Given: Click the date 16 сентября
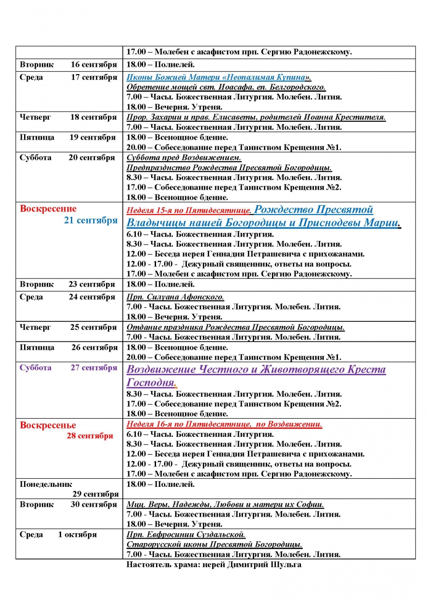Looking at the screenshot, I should (x=94, y=65).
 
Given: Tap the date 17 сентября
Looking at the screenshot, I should (x=94, y=77).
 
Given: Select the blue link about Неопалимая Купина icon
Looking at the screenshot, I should (x=219, y=77).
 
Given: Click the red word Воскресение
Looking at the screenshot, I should (x=48, y=209).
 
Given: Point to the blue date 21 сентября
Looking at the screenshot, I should (x=91, y=220).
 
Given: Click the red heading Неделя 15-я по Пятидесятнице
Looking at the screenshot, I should (x=189, y=210).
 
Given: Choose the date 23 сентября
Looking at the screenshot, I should (x=92, y=284).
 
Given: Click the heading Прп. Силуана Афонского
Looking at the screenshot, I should (x=175, y=297).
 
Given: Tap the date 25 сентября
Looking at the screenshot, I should (x=93, y=327).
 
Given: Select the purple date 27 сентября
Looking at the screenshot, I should (x=94, y=368).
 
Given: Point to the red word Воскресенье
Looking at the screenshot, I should (x=48, y=425).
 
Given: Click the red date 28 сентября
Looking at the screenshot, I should (x=90, y=436).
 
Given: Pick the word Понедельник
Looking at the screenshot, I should (x=46, y=484).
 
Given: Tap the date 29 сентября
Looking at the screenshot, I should (x=95, y=494).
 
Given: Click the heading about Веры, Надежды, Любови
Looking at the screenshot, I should (x=225, y=504).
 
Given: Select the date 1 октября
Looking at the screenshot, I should (x=77, y=535).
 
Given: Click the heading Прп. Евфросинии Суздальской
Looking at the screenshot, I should (x=186, y=535).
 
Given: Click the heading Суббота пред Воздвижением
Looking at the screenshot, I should (x=184, y=158).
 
